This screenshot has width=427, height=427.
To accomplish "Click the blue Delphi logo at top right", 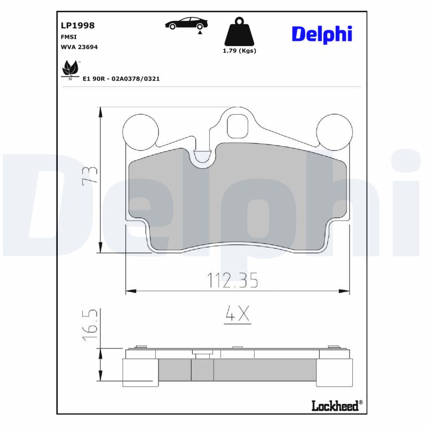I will (321, 34).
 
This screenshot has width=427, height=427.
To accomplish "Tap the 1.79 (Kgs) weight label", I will (239, 51).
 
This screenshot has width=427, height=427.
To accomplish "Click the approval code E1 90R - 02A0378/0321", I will (121, 78).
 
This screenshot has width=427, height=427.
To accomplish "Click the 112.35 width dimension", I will (232, 279).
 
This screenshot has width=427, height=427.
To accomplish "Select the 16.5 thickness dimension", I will (90, 325).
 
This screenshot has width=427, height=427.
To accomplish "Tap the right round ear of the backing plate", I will (334, 131).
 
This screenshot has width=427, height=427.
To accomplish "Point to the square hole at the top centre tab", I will (238, 126).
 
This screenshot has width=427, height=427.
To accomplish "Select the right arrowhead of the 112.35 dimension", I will (346, 291).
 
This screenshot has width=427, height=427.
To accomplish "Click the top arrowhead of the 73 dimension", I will (100, 110).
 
